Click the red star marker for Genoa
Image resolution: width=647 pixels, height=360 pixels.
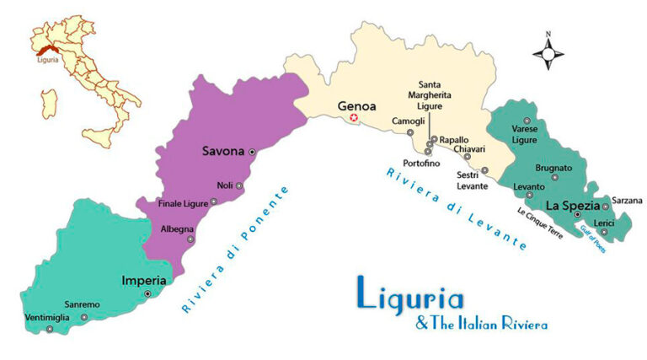(354, 119)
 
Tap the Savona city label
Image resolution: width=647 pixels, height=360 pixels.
(222, 152)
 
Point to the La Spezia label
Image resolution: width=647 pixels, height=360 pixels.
(571, 205)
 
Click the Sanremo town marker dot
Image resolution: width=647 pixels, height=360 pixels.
(84, 317)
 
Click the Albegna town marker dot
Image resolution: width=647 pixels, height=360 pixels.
(190, 239)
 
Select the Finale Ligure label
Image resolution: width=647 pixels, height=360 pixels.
(183, 202)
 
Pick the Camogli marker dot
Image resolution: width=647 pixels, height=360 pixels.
(410, 132)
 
